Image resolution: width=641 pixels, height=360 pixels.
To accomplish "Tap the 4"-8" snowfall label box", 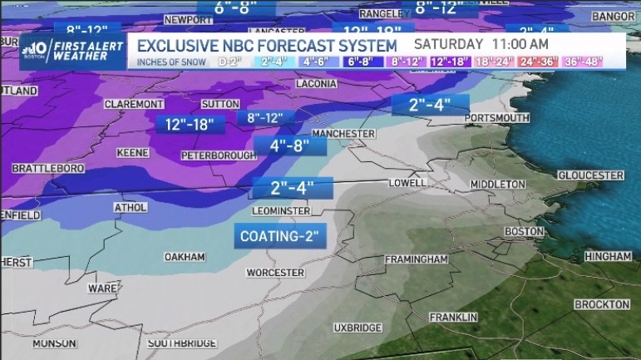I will [x=290, y=145].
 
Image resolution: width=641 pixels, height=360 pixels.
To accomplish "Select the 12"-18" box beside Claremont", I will [x=190, y=124].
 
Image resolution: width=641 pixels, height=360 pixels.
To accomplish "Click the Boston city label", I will [x=525, y=232].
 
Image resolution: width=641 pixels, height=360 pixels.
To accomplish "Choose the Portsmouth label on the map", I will [x=497, y=119].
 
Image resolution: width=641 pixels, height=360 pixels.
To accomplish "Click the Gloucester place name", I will [x=590, y=175].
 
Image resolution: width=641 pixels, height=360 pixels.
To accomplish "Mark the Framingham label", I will [x=418, y=260].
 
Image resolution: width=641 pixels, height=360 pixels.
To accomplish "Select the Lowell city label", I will [x=407, y=183].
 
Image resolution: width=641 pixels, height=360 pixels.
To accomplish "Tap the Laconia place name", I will [x=316, y=84].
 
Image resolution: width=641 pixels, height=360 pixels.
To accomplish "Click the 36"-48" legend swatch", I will [x=581, y=62].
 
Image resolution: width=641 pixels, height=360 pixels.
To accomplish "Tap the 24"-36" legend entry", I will [x=540, y=62].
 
